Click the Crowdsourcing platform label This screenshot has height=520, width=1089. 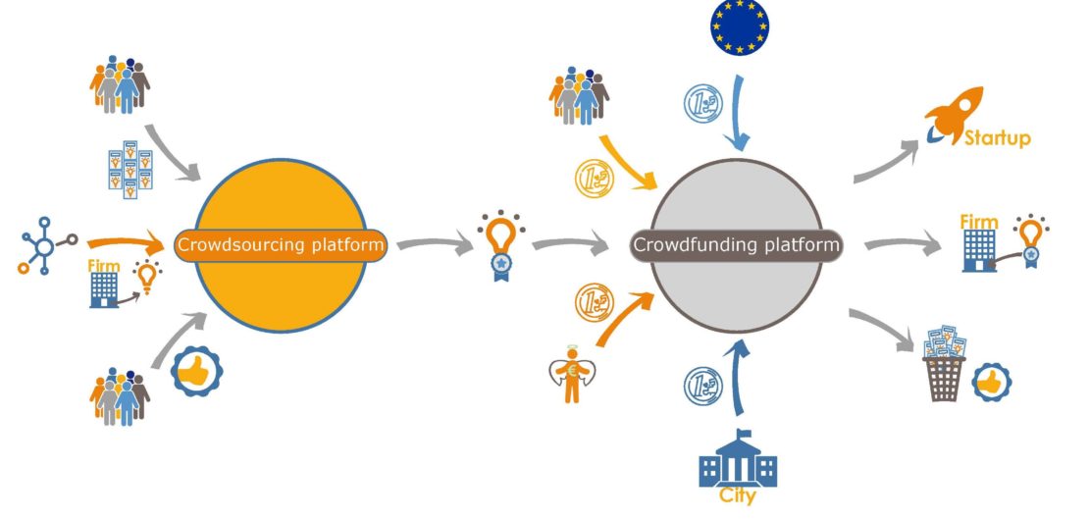(280, 244)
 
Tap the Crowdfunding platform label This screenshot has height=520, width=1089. (736, 244)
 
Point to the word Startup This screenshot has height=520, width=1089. (998, 138)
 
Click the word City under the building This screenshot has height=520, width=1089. (738, 496)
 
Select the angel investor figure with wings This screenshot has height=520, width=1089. (573, 379)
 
